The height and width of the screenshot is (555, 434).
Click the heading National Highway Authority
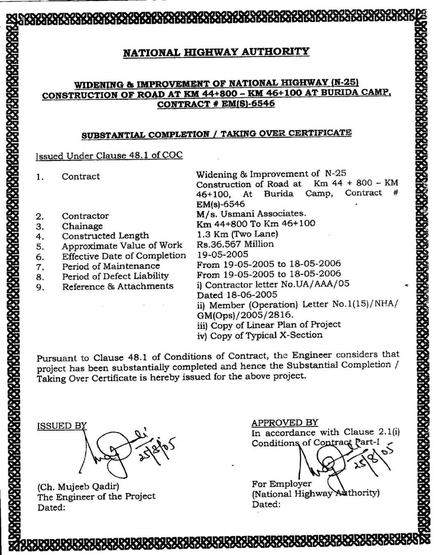click(216, 52)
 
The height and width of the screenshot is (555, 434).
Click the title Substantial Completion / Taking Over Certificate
click(216, 134)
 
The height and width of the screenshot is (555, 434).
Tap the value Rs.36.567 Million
click(235, 244)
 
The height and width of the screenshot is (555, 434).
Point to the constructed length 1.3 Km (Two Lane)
click(237, 234)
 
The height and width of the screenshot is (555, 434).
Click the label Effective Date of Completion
click(124, 256)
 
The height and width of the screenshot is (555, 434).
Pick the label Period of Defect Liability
click(115, 276)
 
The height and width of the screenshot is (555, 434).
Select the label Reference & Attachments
click(118, 286)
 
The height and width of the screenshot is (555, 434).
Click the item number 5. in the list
click(40, 247)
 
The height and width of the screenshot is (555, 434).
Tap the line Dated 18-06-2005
click(237, 295)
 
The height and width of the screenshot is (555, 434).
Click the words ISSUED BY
click(61, 425)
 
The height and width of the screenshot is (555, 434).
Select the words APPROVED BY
click(285, 423)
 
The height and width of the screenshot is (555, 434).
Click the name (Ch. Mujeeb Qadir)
click(78, 487)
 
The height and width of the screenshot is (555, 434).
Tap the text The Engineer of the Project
click(96, 496)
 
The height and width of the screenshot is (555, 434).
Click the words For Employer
click(282, 484)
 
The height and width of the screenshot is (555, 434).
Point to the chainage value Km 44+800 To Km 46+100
click(256, 224)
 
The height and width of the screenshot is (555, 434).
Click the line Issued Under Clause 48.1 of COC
click(109, 155)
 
